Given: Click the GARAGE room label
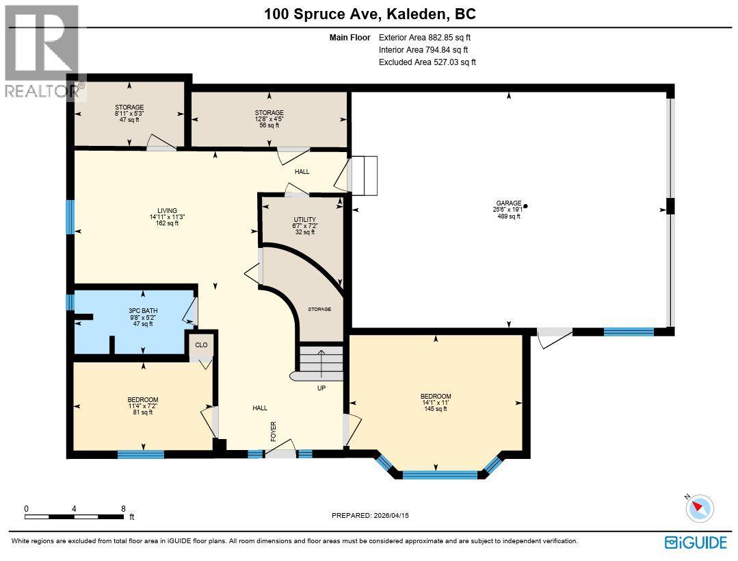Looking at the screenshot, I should click(x=508, y=203).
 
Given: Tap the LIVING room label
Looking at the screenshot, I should click(x=167, y=211).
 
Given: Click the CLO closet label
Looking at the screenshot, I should click(x=201, y=345).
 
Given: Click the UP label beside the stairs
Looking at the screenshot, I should click(x=321, y=388).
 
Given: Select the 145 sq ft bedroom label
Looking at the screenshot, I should click(x=436, y=397).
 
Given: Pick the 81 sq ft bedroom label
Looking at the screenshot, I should click(x=142, y=400).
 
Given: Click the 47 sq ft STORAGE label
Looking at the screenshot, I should click(x=129, y=108).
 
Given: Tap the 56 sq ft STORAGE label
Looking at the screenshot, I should click(x=269, y=113).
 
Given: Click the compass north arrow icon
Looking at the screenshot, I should click(x=699, y=508).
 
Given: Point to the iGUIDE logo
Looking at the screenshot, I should click(x=696, y=542).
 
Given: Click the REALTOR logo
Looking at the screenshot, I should click(x=41, y=51).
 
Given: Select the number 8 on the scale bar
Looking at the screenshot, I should click(x=123, y=508).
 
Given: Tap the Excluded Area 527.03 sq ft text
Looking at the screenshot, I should click(x=427, y=62).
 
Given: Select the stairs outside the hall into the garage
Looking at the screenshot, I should click(x=364, y=174).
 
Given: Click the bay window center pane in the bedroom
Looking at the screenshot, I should click(x=439, y=474).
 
